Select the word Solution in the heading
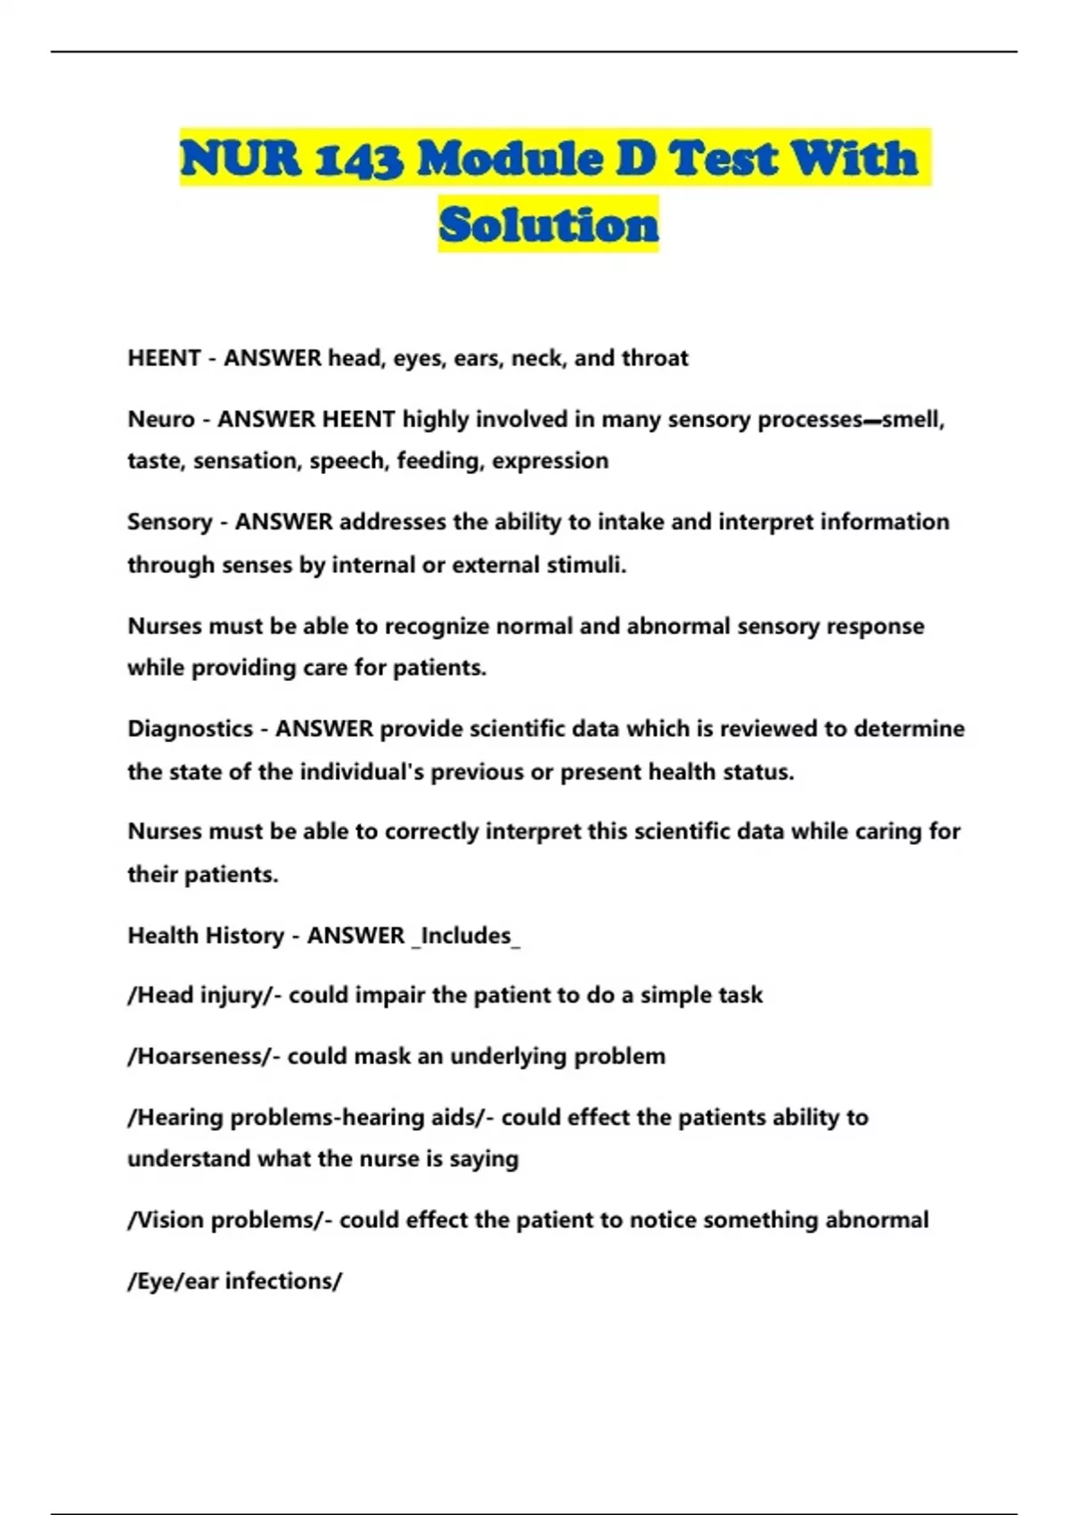click(549, 225)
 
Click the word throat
click(655, 358)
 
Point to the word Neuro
click(160, 419)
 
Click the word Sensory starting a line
click(169, 521)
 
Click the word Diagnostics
click(190, 729)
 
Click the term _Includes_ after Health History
click(467, 936)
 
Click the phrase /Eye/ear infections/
click(234, 1281)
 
